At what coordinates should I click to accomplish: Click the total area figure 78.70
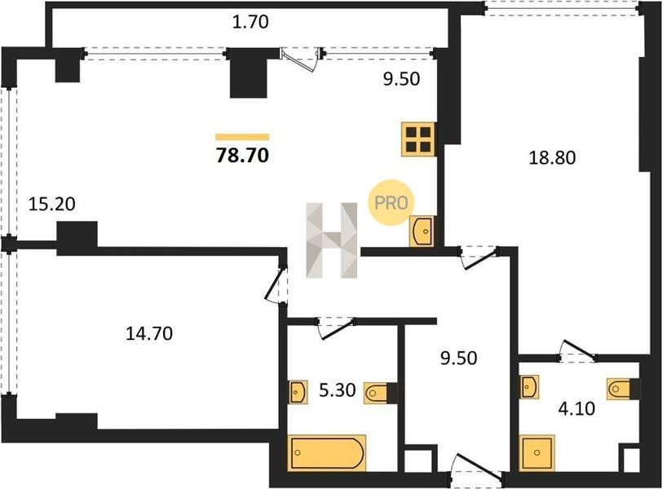(242, 156)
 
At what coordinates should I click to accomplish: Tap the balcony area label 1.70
(250, 22)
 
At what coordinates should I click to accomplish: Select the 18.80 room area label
(552, 157)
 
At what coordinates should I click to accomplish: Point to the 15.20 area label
(51, 204)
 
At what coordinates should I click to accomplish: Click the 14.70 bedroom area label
(149, 333)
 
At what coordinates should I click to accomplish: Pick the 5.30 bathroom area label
(337, 390)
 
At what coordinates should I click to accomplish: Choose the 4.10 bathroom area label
(577, 408)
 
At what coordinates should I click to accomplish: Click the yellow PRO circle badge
(391, 203)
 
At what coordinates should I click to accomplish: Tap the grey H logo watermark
(332, 240)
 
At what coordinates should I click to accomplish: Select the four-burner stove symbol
(418, 139)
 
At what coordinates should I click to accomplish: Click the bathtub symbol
(326, 452)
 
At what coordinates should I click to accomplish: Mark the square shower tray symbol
(537, 452)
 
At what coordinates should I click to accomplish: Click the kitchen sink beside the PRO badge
(422, 231)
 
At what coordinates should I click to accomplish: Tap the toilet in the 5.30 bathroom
(375, 393)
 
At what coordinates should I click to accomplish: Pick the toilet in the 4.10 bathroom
(619, 389)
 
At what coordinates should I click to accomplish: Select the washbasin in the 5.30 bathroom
(298, 392)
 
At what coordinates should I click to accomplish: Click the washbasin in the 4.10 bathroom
(530, 387)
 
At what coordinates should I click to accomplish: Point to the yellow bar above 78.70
(242, 137)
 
